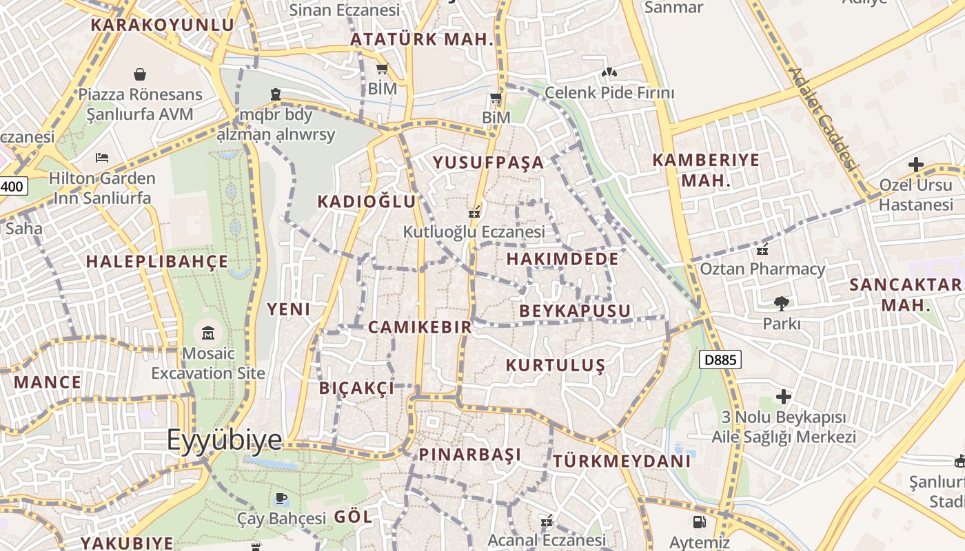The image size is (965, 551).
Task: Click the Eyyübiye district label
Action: coord(225,440)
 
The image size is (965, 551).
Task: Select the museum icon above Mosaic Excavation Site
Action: coord(207,334)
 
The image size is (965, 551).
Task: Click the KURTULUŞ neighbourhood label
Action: coord(556,365)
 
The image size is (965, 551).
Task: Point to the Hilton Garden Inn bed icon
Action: coord(102,158)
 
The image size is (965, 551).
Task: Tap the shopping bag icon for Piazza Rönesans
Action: coord(140,74)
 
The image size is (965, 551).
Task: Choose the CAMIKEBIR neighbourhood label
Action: coord(420,327)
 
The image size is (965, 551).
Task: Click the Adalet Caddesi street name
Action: coord(822,118)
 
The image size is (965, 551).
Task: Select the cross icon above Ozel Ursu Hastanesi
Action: coord(915,165)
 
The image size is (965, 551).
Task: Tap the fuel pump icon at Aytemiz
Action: coord(699,522)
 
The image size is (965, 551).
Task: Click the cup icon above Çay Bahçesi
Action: coord(281,498)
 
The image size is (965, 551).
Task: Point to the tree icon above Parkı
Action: coord(782,303)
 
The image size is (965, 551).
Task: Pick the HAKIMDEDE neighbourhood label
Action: coord(562,259)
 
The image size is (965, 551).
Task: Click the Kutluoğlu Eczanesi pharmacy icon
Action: coord(474,213)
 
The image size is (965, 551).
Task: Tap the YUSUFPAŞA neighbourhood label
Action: coord(488,163)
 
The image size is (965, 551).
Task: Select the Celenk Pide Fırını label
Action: coord(609,92)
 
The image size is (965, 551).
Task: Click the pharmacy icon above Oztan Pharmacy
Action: coord(762,249)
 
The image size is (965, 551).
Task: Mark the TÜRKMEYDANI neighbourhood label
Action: coord(621,461)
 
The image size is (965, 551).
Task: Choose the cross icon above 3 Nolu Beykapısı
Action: coord(783,397)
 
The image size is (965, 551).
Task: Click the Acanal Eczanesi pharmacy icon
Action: coord(547,521)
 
